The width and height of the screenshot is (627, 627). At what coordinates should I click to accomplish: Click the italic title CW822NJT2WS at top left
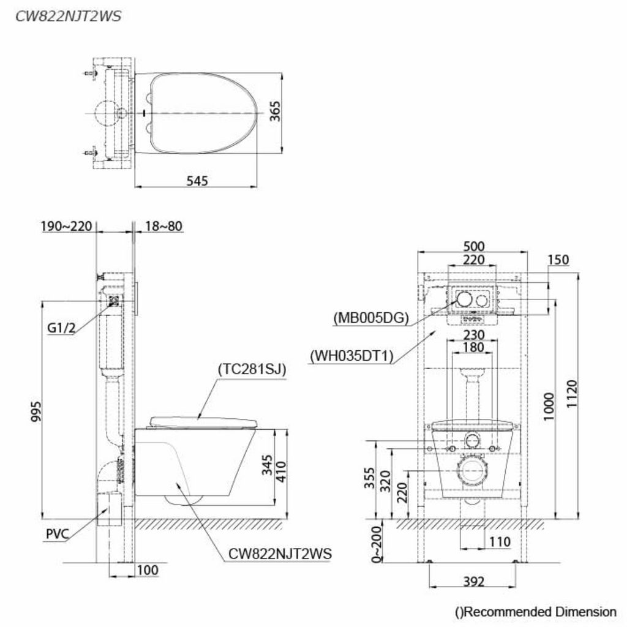point(68,17)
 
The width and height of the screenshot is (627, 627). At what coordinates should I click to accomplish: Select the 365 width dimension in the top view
point(275,111)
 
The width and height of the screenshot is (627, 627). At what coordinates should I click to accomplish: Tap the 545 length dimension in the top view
point(197,181)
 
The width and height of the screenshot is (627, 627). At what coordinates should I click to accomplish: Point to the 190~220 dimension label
point(66,227)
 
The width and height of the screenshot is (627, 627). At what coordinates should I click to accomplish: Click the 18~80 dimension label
point(163,227)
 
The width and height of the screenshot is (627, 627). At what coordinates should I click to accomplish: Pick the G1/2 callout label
point(61,328)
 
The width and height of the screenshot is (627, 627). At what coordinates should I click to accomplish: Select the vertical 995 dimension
point(36,411)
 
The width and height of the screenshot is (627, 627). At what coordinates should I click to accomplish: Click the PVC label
point(58,534)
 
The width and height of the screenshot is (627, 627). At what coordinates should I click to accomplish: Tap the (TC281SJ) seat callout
point(252,369)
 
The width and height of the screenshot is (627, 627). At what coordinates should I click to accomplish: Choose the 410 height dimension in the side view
point(281,472)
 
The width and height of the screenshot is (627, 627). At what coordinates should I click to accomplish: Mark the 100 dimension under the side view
point(148,570)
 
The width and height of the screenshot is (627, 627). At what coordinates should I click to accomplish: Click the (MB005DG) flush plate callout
point(371,318)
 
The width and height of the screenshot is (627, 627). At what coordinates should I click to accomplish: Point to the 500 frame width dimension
point(474,246)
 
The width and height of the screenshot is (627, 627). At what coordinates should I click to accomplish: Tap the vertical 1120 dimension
point(572,394)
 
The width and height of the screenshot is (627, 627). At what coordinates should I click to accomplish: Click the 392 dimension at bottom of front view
point(474,582)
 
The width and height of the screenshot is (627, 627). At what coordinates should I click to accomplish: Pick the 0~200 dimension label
point(377,544)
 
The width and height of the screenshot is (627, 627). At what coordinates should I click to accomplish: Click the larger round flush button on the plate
point(465,299)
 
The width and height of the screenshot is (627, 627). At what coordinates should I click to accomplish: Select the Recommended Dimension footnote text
point(536,612)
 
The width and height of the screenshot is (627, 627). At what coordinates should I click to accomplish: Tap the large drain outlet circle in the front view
point(472,472)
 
